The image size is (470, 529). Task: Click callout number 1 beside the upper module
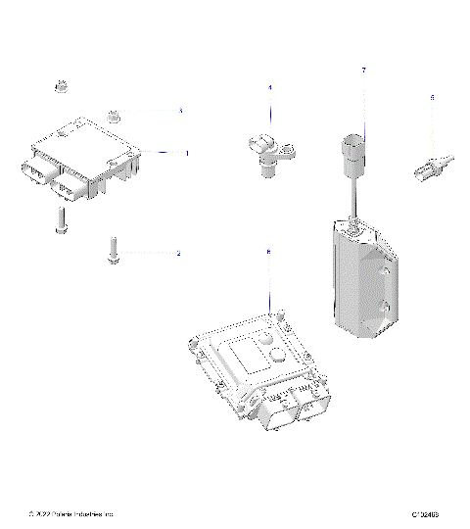pos(186,153)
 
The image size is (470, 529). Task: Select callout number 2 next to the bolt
pos(178,254)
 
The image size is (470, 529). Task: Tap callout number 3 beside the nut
pos(180,112)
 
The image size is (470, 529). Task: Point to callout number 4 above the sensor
pos(270,88)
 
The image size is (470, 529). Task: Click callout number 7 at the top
pos(363,71)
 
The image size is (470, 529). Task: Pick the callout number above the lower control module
pos(268,252)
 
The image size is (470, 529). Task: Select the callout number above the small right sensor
pos(432,97)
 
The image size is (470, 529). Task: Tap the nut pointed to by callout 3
pos(114,115)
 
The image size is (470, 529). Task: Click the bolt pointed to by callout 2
pos(115,251)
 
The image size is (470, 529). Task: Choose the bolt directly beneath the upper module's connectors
pos(61,220)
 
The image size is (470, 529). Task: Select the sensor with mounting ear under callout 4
pos(266,151)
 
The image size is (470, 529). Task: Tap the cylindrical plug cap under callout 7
pos(352,153)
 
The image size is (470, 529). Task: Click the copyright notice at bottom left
pos(72,513)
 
